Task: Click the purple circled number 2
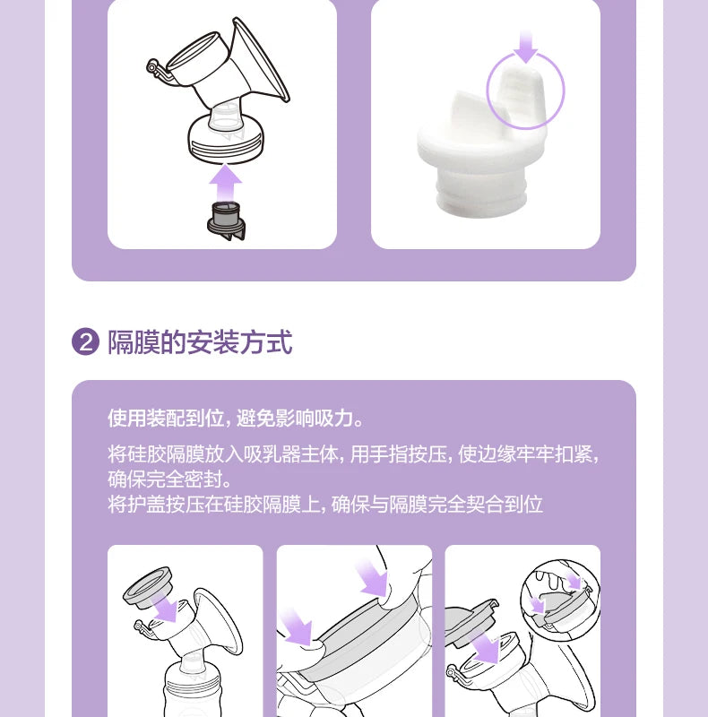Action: click(86, 342)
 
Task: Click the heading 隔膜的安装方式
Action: click(200, 341)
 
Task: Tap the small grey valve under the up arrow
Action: click(225, 219)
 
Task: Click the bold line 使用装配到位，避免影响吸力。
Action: click(236, 419)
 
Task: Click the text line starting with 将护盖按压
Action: click(324, 504)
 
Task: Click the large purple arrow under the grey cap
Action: click(486, 645)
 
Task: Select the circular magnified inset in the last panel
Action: click(557, 591)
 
